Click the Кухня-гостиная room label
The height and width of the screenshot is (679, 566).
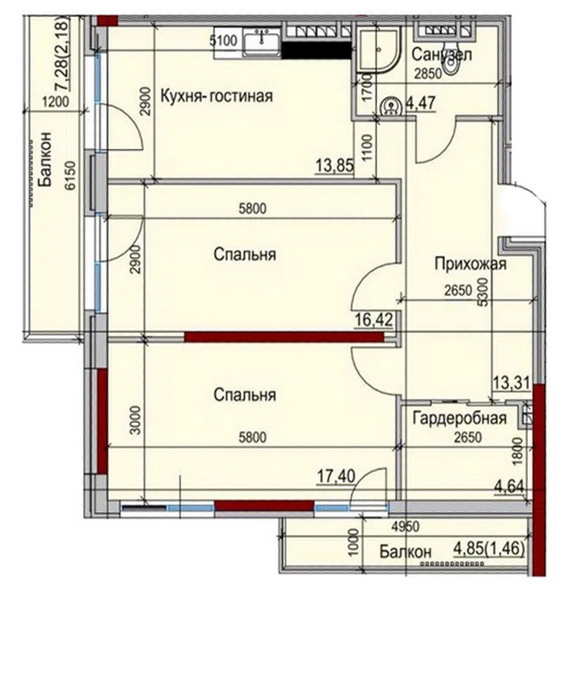[x=217, y=96]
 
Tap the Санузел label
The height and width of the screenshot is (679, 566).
[x=441, y=55]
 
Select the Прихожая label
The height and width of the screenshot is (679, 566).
[x=471, y=263]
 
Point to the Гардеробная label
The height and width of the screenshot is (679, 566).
[x=460, y=419]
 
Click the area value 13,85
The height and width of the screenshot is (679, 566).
[x=335, y=165]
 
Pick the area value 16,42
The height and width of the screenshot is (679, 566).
[x=374, y=320]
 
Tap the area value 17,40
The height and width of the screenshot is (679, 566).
[x=336, y=476]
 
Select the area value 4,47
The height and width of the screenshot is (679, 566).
[x=420, y=104]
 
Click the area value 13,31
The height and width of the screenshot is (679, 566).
[x=511, y=383]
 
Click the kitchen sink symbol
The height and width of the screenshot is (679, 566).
[x=261, y=42]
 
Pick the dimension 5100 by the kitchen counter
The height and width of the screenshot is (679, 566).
[x=224, y=41]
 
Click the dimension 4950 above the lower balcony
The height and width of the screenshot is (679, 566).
[x=405, y=527]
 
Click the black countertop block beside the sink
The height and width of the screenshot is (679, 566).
[x=316, y=50]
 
